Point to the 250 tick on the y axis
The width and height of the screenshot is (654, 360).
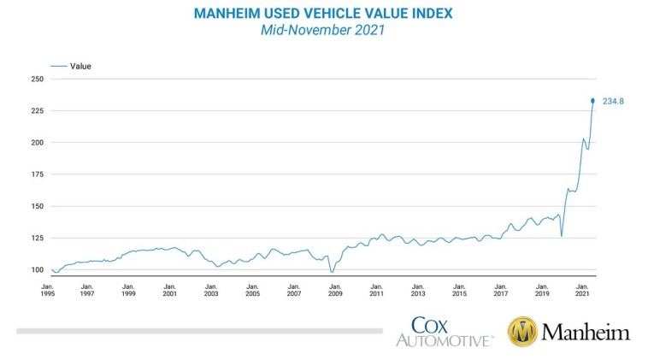coord(37,79)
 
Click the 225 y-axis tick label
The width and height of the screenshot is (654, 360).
coord(37,110)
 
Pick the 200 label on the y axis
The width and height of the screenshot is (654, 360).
coord(37,142)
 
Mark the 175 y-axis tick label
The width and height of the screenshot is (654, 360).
coord(37,174)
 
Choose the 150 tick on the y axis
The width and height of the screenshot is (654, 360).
coord(37,206)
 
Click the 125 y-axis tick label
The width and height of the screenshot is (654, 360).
coord(37,238)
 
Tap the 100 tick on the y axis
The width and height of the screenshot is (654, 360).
coord(37,269)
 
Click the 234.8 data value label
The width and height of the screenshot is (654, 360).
coord(615,101)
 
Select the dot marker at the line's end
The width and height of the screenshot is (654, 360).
coord(593,101)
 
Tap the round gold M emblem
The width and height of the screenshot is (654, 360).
coord(521,332)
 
